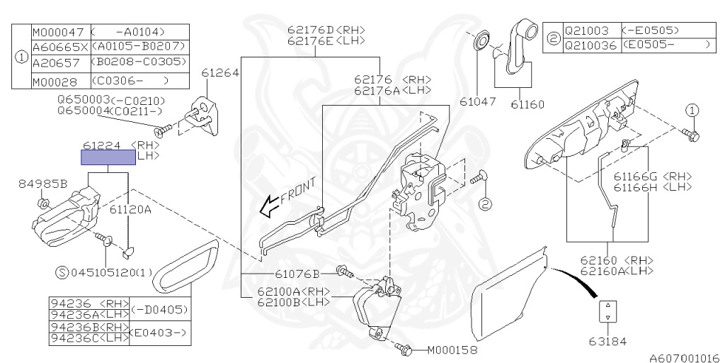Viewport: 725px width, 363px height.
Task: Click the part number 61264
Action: click(x=219, y=72)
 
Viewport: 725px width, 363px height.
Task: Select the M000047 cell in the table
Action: click(x=59, y=32)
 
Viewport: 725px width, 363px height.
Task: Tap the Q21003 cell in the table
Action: click(x=590, y=31)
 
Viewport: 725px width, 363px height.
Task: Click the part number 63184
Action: click(x=607, y=341)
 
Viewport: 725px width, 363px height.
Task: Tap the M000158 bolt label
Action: click(x=452, y=350)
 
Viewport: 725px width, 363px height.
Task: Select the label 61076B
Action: click(x=297, y=273)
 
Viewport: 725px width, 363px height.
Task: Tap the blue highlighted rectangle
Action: click(x=108, y=157)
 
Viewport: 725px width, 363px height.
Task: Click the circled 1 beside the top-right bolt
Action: click(x=692, y=110)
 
